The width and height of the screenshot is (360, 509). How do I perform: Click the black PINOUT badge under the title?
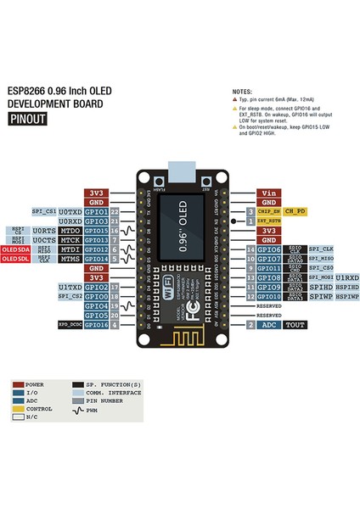(27, 120)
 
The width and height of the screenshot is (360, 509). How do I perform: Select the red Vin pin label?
(267, 193)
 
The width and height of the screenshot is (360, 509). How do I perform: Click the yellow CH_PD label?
(295, 210)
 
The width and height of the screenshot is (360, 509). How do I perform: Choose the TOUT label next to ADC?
(296, 325)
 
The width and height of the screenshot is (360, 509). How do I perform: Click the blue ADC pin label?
(268, 325)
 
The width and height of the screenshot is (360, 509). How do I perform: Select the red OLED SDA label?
(14, 249)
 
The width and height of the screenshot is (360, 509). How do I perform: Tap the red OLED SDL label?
(14, 259)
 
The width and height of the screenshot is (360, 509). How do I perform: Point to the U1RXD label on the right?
(346, 277)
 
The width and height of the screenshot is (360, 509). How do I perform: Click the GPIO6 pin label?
(268, 249)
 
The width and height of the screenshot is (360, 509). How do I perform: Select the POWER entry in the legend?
(34, 383)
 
